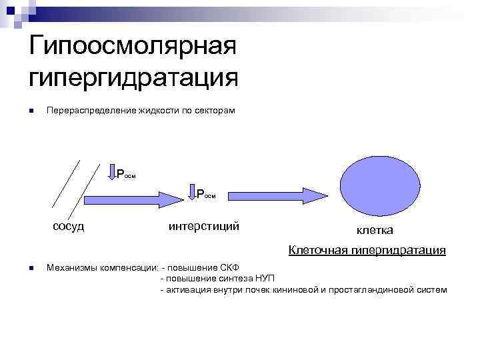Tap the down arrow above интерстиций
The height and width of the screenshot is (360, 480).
tap(191, 193)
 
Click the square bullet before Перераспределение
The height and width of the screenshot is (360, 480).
tap(31, 111)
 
